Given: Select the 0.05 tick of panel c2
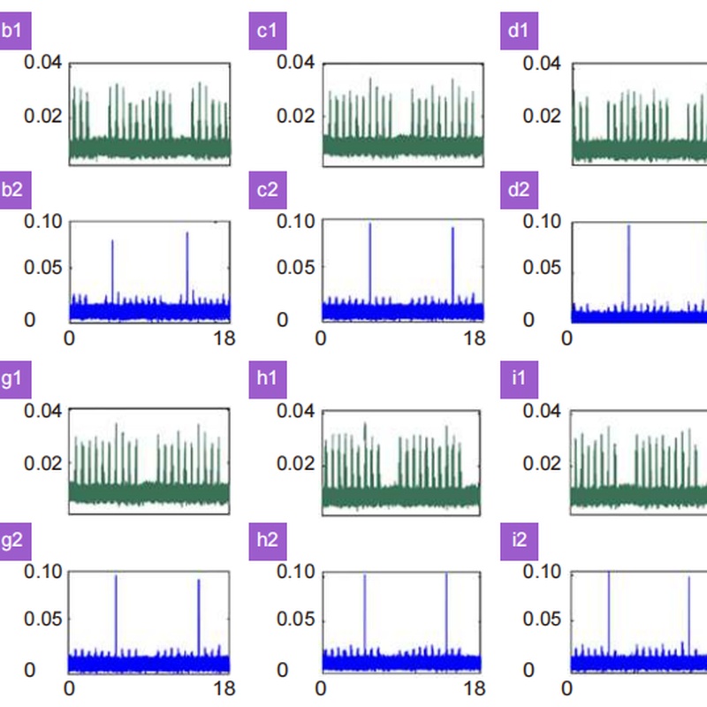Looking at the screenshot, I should point(296,269).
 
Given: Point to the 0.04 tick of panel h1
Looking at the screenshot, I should point(296,411).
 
